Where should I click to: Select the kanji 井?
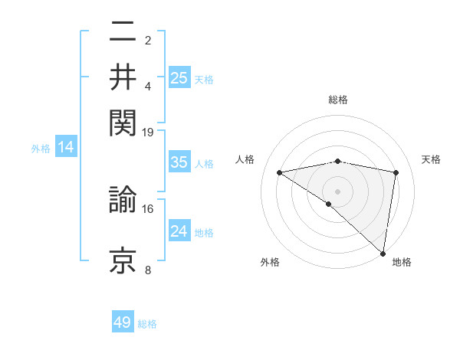(x=123, y=78)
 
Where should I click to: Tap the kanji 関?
(x=123, y=121)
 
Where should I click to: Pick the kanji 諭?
(x=123, y=201)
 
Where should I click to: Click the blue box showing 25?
(x=179, y=77)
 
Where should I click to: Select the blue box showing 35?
(x=179, y=162)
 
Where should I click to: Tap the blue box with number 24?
(x=179, y=231)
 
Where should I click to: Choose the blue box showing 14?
(x=66, y=148)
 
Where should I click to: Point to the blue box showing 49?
(x=123, y=322)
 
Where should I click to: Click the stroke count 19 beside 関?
(x=148, y=132)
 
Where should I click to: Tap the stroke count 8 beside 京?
(x=148, y=270)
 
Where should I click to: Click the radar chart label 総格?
(x=337, y=100)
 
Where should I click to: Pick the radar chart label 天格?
(x=431, y=159)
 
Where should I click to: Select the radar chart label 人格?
(x=245, y=159)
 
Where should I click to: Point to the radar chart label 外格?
(x=270, y=262)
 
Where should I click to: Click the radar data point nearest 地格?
(x=383, y=254)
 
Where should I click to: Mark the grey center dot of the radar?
(x=337, y=191)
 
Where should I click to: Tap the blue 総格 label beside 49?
(x=147, y=323)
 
